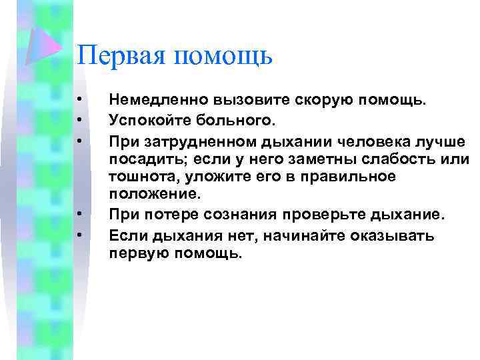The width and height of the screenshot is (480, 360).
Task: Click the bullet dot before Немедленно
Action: point(79,100)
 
